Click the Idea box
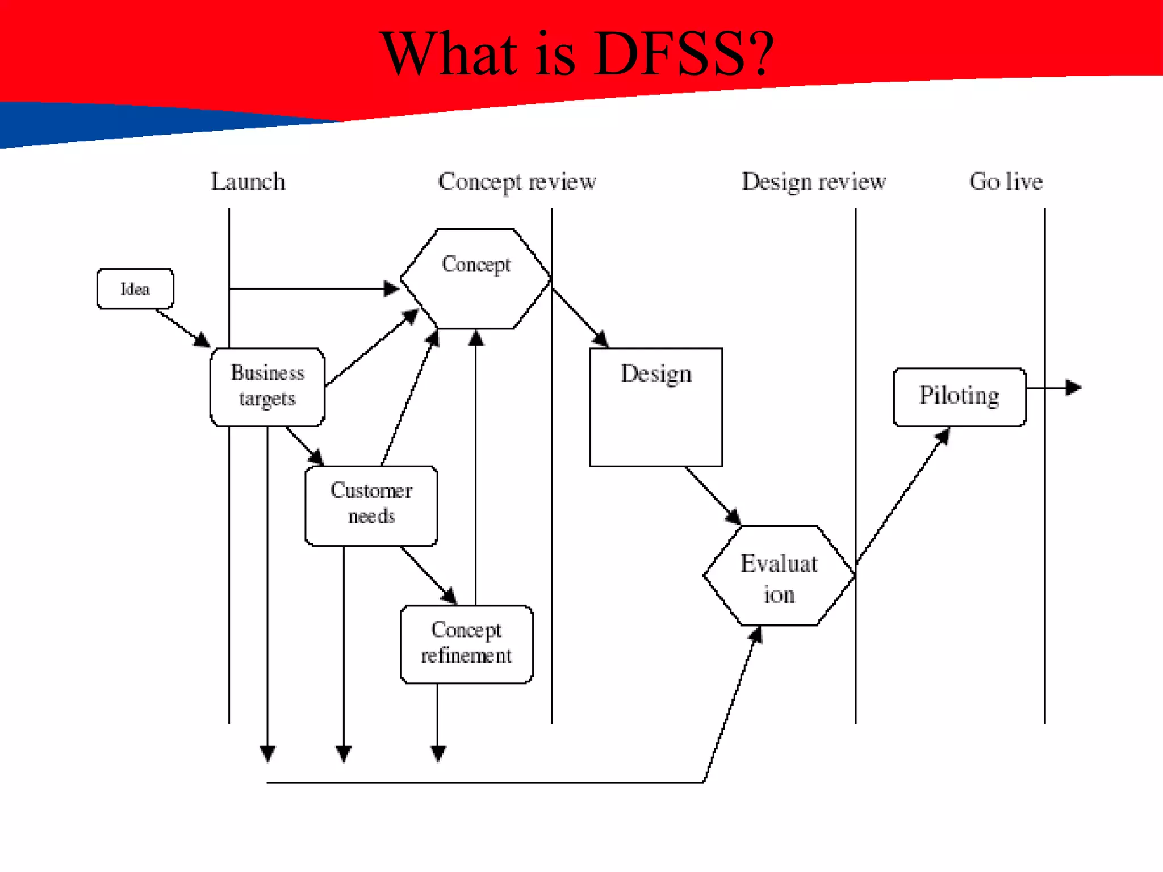pos(135,288)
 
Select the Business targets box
pos(267,387)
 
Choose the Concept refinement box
pos(466,644)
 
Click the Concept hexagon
pos(476,278)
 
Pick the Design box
pos(656,406)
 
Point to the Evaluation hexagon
pos(779,576)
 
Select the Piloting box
pos(959,396)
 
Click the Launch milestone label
pos(248,182)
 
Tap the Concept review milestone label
pos(517,182)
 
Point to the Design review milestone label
pos(814,182)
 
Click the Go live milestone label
pos(1006,182)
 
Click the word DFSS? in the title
pos(685,53)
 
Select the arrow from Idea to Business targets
pos(182,328)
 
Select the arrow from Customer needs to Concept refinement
pos(429,575)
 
